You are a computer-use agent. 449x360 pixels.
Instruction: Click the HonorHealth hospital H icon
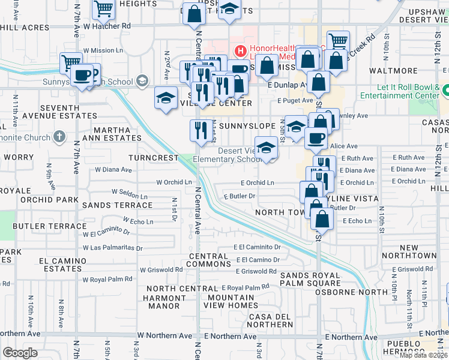[x=240, y=50]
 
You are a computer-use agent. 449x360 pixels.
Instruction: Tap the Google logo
[x=20, y=353]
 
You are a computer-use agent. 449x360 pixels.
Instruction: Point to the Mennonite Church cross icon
[x=58, y=137]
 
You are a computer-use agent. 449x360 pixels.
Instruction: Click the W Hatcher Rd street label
[x=107, y=26]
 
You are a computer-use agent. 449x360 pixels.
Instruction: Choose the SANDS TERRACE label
[x=118, y=205]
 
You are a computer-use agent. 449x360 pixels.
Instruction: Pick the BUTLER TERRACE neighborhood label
[x=49, y=226]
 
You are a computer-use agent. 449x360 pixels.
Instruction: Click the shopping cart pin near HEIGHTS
[x=104, y=8]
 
